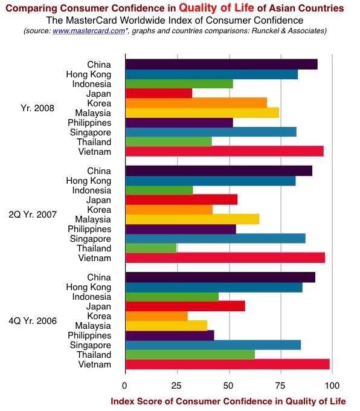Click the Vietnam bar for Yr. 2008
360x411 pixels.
coord(225,152)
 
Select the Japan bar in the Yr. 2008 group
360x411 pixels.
coord(159,93)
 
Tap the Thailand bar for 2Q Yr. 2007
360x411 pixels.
coord(151,248)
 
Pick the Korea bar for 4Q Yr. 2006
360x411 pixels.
coord(156,316)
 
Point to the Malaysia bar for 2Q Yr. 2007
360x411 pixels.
coord(193,219)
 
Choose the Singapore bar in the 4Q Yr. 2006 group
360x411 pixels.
coord(213,345)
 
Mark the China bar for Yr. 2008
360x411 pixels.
coord(222,64)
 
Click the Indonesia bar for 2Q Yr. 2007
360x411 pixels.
coord(159,190)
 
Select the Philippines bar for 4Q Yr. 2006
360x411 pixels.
coord(170,335)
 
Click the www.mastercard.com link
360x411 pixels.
coord(89,31)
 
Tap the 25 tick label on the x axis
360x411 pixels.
coord(176,386)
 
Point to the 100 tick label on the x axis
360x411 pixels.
coord(332,386)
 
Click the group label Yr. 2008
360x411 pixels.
coord(37,108)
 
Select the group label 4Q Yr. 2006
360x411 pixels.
coord(33,321)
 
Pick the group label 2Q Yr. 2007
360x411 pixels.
coord(33,215)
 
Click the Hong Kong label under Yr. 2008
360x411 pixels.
coord(89,74)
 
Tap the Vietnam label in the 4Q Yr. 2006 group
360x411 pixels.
coord(95,364)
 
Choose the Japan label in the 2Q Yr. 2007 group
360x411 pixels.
coord(99,200)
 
